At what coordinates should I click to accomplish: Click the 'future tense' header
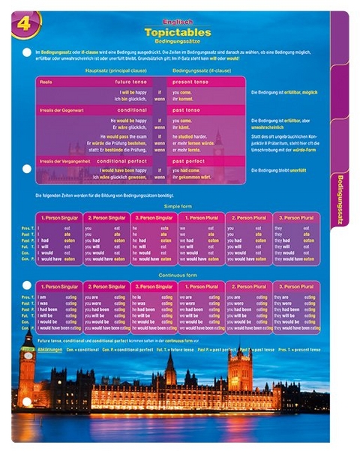point(132,81)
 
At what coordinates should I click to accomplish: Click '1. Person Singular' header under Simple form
point(60,217)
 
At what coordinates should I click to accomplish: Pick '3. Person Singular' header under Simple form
point(154,217)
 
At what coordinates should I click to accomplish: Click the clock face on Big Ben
point(28,357)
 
